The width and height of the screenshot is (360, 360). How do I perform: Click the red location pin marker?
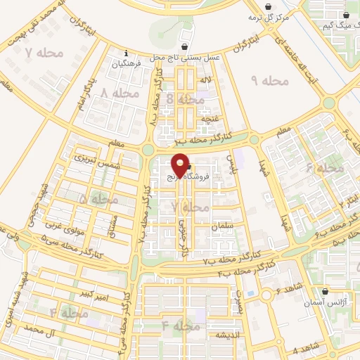181,165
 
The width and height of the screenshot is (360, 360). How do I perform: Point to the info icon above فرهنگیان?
126,53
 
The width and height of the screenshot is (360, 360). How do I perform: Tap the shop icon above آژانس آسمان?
325,292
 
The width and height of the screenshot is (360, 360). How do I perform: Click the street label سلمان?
220,226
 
